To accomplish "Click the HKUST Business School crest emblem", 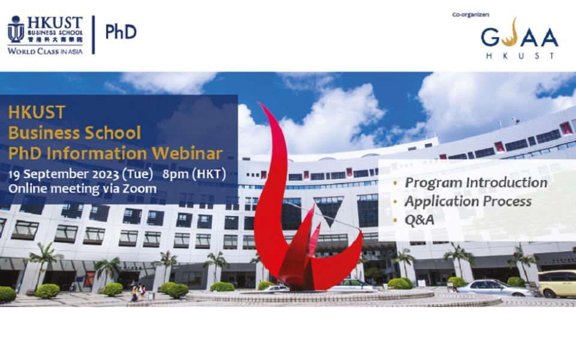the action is coord(16,29).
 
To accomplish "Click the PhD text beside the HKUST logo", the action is coord(121,32).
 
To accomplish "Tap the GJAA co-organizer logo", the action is coord(520,38).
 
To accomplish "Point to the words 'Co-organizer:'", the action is coord(470,14).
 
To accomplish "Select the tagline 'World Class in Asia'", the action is coord(45,51).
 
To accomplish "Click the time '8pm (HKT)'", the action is coord(194,174).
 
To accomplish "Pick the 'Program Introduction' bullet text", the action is coord(476,182).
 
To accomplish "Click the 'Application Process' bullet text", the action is coord(468,202).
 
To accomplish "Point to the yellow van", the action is coord(557,284).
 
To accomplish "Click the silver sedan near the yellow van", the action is coord(494,287).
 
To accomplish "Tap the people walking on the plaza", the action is coord(137,292).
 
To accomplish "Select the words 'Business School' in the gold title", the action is coord(74,133).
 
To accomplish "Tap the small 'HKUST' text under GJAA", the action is coord(520,56).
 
